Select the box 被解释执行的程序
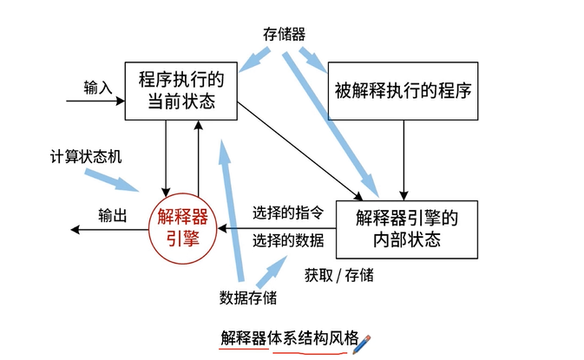(x=404, y=90)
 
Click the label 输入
(x=98, y=87)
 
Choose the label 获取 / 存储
(x=338, y=275)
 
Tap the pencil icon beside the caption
(x=362, y=337)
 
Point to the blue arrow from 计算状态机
(x=112, y=179)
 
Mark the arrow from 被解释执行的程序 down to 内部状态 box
(x=404, y=157)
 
